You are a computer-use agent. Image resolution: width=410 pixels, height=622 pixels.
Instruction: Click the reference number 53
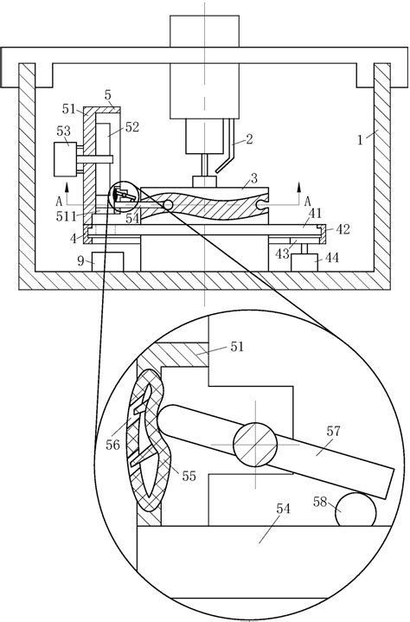click(64, 131)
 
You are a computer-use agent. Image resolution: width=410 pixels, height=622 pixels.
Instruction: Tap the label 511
click(66, 216)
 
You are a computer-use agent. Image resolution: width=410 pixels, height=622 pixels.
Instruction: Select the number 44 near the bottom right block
click(332, 258)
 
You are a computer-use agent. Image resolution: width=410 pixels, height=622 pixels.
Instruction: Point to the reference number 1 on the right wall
click(360, 140)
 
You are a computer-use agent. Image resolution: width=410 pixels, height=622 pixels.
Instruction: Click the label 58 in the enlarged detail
click(320, 502)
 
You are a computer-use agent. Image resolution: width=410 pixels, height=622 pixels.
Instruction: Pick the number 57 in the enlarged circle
click(334, 431)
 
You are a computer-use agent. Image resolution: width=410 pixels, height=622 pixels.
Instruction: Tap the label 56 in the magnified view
click(112, 445)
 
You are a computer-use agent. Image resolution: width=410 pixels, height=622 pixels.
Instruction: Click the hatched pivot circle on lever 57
click(255, 445)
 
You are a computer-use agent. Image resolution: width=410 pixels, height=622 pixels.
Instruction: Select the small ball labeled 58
click(356, 510)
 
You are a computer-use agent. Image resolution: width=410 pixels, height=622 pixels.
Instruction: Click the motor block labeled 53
click(66, 159)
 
